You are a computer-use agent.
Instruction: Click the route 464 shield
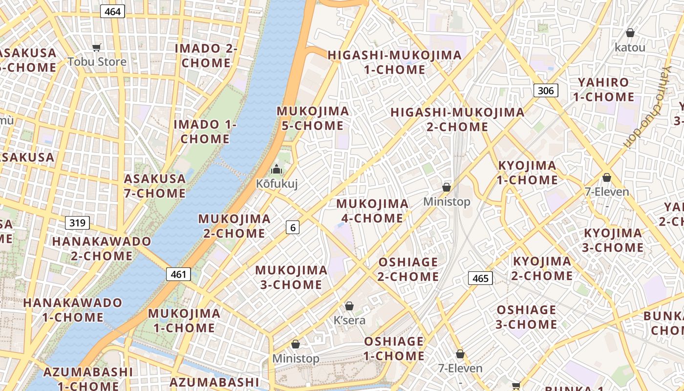[112, 12]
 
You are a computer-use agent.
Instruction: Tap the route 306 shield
[546, 90]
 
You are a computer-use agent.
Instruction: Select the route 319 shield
[77, 223]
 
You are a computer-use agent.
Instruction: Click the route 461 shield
[178, 274]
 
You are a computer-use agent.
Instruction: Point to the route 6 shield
[293, 227]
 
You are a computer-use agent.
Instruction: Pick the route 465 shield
[480, 278]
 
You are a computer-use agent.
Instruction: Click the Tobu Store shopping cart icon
[97, 47]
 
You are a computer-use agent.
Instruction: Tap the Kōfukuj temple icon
[277, 170]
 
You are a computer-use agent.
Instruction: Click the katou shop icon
[630, 33]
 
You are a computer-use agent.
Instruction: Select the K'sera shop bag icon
[349, 306]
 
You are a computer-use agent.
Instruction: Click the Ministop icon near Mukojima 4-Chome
[446, 187]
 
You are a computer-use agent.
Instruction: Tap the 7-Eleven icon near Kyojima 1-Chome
[607, 177]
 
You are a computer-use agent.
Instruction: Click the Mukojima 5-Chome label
[313, 118]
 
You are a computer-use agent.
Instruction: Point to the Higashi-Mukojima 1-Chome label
[395, 62]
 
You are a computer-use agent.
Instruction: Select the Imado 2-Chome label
[206, 56]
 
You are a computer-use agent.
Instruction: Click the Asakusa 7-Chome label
[154, 186]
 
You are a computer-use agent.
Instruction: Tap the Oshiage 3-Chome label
[526, 317]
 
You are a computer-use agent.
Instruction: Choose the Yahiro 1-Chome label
[603, 89]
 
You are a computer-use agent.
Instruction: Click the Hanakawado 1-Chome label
[72, 309]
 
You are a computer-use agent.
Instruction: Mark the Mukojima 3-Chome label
[291, 277]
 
